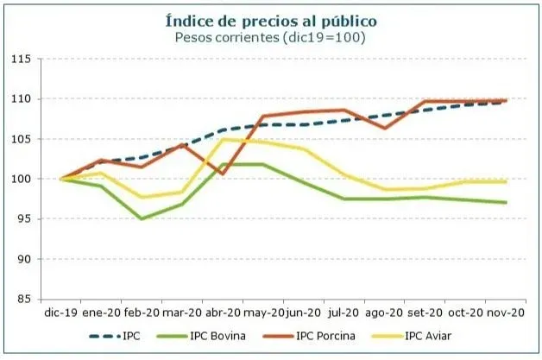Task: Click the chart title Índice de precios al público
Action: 271,19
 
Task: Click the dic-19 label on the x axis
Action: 60,313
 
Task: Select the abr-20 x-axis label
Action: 222,313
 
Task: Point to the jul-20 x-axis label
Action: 343,313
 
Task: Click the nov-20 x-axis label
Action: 505,313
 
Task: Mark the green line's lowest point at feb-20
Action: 141,218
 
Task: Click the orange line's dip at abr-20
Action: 222,174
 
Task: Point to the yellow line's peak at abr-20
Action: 222,139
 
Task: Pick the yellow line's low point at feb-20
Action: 141,197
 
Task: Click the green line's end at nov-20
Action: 505,203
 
